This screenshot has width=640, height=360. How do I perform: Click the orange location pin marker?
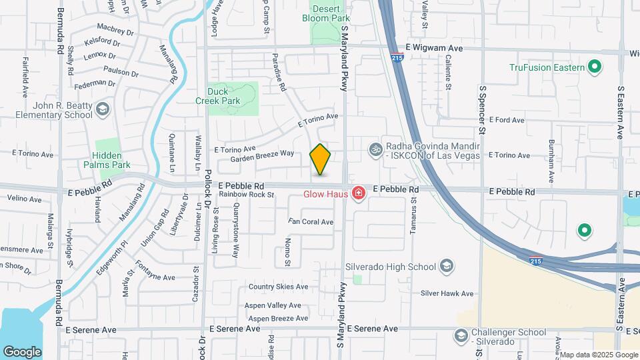click(321, 159)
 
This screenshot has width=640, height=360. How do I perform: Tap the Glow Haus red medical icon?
click(359, 193)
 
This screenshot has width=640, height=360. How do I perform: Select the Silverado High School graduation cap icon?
click(447, 267)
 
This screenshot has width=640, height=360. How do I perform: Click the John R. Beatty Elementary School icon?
click(102, 109)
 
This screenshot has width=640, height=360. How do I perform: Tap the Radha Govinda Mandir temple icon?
click(375, 148)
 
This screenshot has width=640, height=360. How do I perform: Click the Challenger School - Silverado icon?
click(460, 335)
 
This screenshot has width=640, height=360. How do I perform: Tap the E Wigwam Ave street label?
click(434, 49)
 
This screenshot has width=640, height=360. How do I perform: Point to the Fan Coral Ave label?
click(311, 221)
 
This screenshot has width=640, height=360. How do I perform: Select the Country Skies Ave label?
click(278, 287)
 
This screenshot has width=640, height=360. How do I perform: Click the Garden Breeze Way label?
click(262, 156)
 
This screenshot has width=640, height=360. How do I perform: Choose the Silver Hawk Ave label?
click(447, 293)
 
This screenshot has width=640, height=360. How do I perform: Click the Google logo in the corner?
click(22, 351)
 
